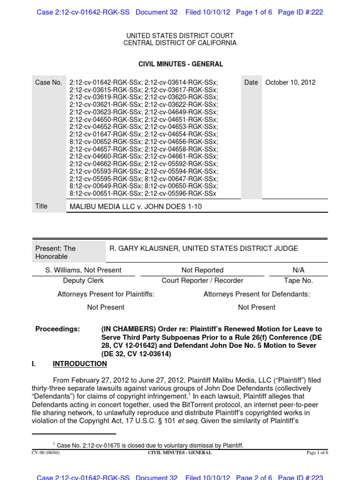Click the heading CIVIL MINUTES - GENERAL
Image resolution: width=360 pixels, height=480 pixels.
[x=180, y=64]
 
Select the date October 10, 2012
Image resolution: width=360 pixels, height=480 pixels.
[x=290, y=82]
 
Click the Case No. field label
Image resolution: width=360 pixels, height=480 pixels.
[x=48, y=82]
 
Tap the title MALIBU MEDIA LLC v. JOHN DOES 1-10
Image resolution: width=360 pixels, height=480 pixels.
[x=136, y=206]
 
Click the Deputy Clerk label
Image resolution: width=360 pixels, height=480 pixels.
[x=83, y=280]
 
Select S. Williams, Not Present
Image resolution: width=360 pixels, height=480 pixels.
[x=83, y=270]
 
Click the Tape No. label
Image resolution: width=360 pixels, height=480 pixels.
[x=298, y=280]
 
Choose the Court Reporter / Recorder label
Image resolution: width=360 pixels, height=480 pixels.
[x=202, y=280]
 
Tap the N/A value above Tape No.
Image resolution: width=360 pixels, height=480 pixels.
[x=298, y=270]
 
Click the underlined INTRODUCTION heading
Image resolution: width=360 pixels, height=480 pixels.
[x=80, y=364]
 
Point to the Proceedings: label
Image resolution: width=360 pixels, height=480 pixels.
[x=58, y=329]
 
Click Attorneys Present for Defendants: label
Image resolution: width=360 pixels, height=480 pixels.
[x=256, y=294]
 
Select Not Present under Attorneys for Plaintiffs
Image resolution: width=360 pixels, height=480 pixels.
[x=106, y=307]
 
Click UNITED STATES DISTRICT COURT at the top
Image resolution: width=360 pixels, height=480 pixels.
[x=180, y=36]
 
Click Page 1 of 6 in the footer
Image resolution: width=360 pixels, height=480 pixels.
[x=317, y=453]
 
